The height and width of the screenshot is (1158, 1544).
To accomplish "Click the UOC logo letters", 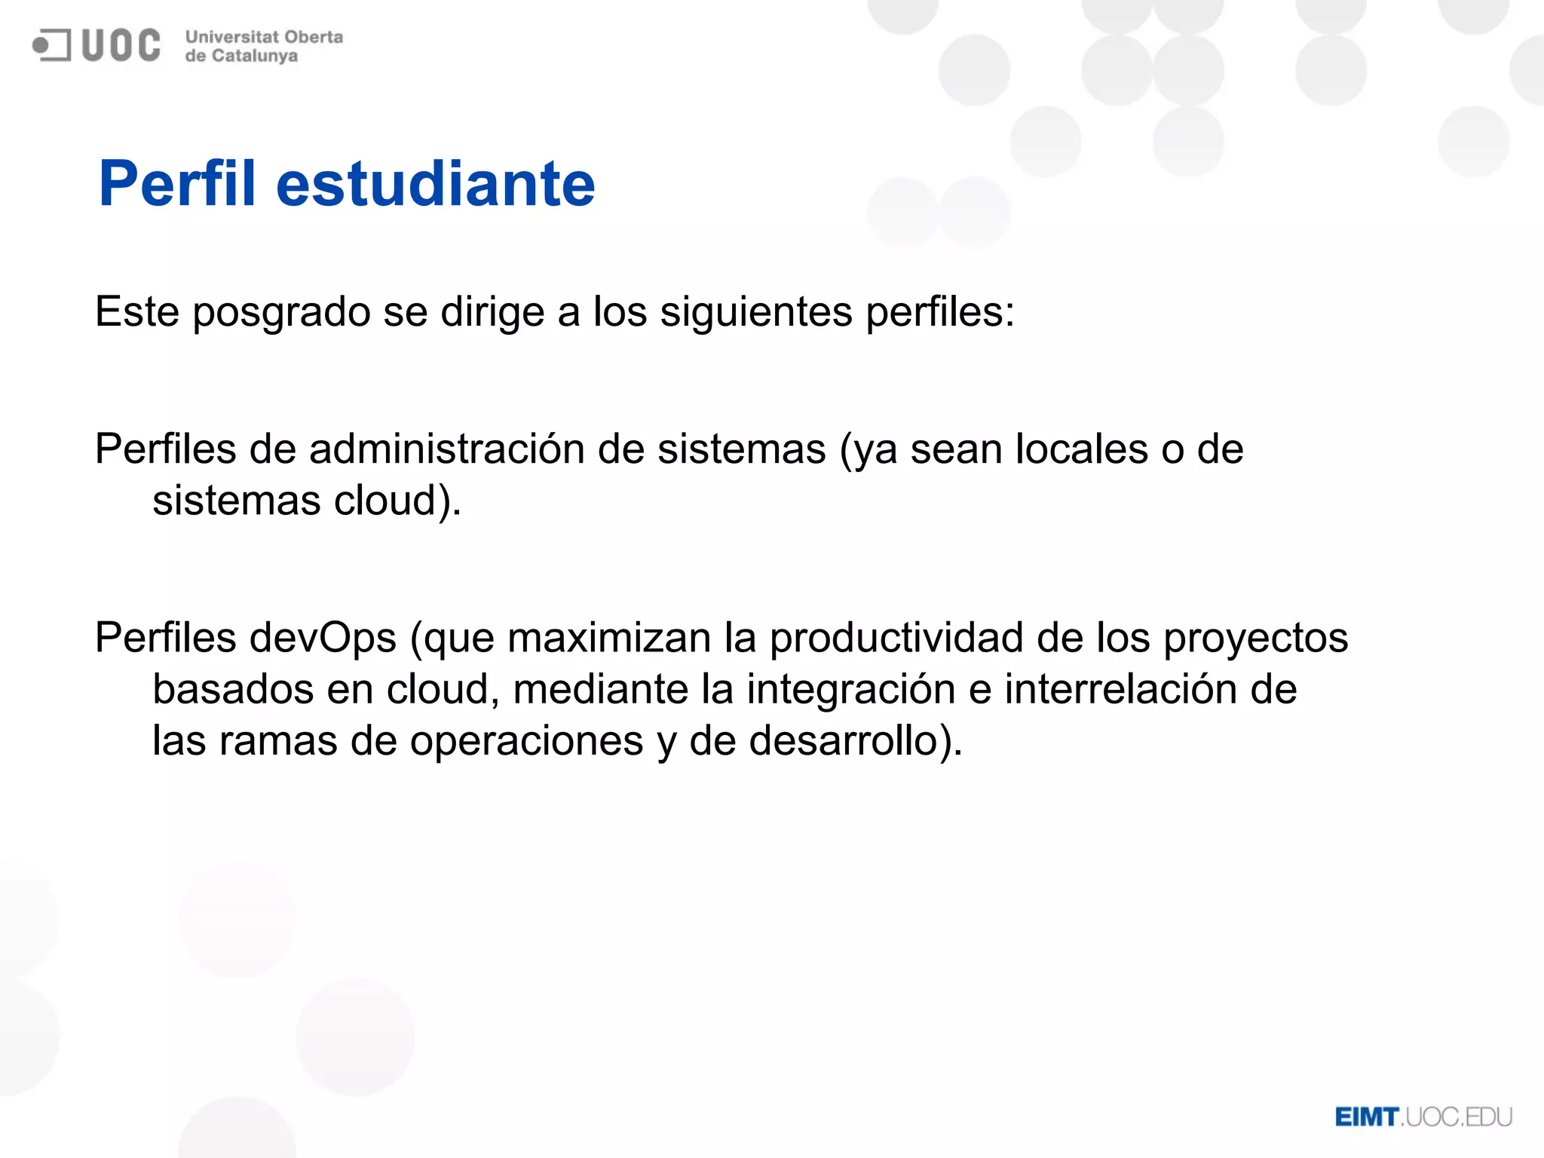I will coord(121,45).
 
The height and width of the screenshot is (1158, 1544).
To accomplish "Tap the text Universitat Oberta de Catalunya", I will coord(263,46).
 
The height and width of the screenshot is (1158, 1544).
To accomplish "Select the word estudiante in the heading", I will coord(436,184).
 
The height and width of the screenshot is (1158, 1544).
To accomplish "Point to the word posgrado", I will coord(281,312).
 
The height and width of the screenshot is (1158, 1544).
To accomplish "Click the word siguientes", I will coord(756,312).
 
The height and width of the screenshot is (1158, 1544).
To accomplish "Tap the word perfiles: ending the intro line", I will coord(940,312).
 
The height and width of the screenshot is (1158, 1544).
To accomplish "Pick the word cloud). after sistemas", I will coord(397,501).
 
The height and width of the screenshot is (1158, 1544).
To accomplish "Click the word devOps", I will coord(323,638).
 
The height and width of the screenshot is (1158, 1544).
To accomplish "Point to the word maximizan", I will coord(609,638).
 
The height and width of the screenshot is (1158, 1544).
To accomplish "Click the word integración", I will coord(851,690).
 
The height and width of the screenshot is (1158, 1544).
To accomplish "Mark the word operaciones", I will coord(526,741).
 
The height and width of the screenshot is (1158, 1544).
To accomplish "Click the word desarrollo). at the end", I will coord(856,741).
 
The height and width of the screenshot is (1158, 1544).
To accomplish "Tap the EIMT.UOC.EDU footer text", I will coord(1423,1117).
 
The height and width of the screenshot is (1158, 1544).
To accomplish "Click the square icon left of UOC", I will coord(51,45).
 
